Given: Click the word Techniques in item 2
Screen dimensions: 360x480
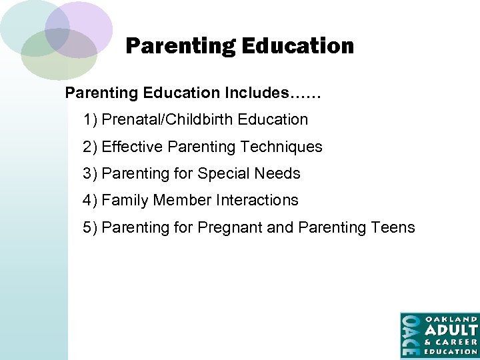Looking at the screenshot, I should click(x=281, y=147).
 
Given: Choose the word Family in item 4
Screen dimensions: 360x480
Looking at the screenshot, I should click(x=125, y=201).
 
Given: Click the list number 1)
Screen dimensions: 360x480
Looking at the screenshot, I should click(x=91, y=120).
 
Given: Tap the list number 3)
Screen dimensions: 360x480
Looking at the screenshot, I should click(x=91, y=174).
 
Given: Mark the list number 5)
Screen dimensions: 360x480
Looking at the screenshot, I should click(x=91, y=228).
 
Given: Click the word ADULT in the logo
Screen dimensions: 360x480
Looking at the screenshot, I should click(x=451, y=330).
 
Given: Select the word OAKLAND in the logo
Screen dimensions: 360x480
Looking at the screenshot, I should click(x=451, y=319).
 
